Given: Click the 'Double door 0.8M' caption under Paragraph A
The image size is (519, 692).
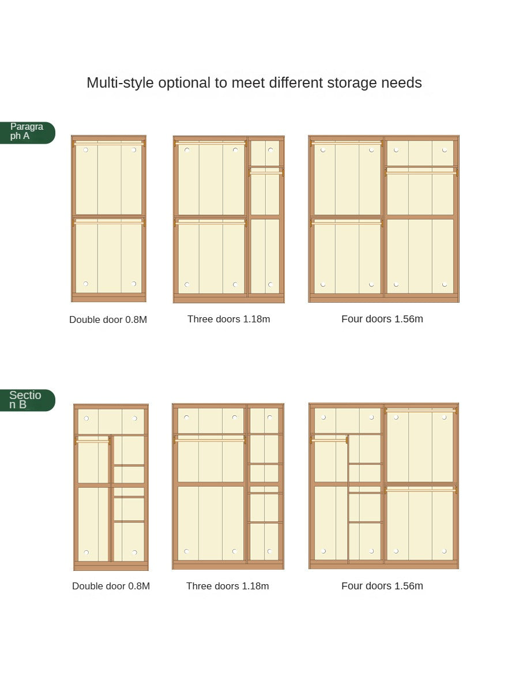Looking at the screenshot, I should pos(108,319).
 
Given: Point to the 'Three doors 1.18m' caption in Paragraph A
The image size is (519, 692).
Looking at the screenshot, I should pos(228,319).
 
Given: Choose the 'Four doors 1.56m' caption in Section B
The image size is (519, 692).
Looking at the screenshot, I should pos(382,586).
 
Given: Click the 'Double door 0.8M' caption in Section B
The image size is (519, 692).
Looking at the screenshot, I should pos(111,586).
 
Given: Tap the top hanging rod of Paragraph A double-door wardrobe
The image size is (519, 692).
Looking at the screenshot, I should pos(108,143).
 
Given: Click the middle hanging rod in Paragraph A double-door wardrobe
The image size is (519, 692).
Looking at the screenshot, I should pos(108,221).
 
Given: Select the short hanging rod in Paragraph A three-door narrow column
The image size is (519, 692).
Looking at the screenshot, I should pos(266,170).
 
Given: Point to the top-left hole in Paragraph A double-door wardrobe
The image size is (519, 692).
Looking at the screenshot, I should pos(86,150).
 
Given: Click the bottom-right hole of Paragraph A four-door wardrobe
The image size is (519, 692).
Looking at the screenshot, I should pos(444,284).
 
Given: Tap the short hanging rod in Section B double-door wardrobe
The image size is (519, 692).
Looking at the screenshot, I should pos(92,441).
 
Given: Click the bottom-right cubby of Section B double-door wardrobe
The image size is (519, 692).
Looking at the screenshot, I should pos(129,541).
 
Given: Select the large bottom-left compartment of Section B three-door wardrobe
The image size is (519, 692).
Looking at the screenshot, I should pos(210,522).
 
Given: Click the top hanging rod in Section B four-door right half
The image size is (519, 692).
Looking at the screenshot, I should pos(420,411).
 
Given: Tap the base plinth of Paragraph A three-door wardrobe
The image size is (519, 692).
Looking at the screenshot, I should pos(228,299).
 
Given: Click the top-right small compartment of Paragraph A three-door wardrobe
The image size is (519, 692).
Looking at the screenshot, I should pos(265,153).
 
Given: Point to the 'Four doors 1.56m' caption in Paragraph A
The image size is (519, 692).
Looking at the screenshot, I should pos(382,319).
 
